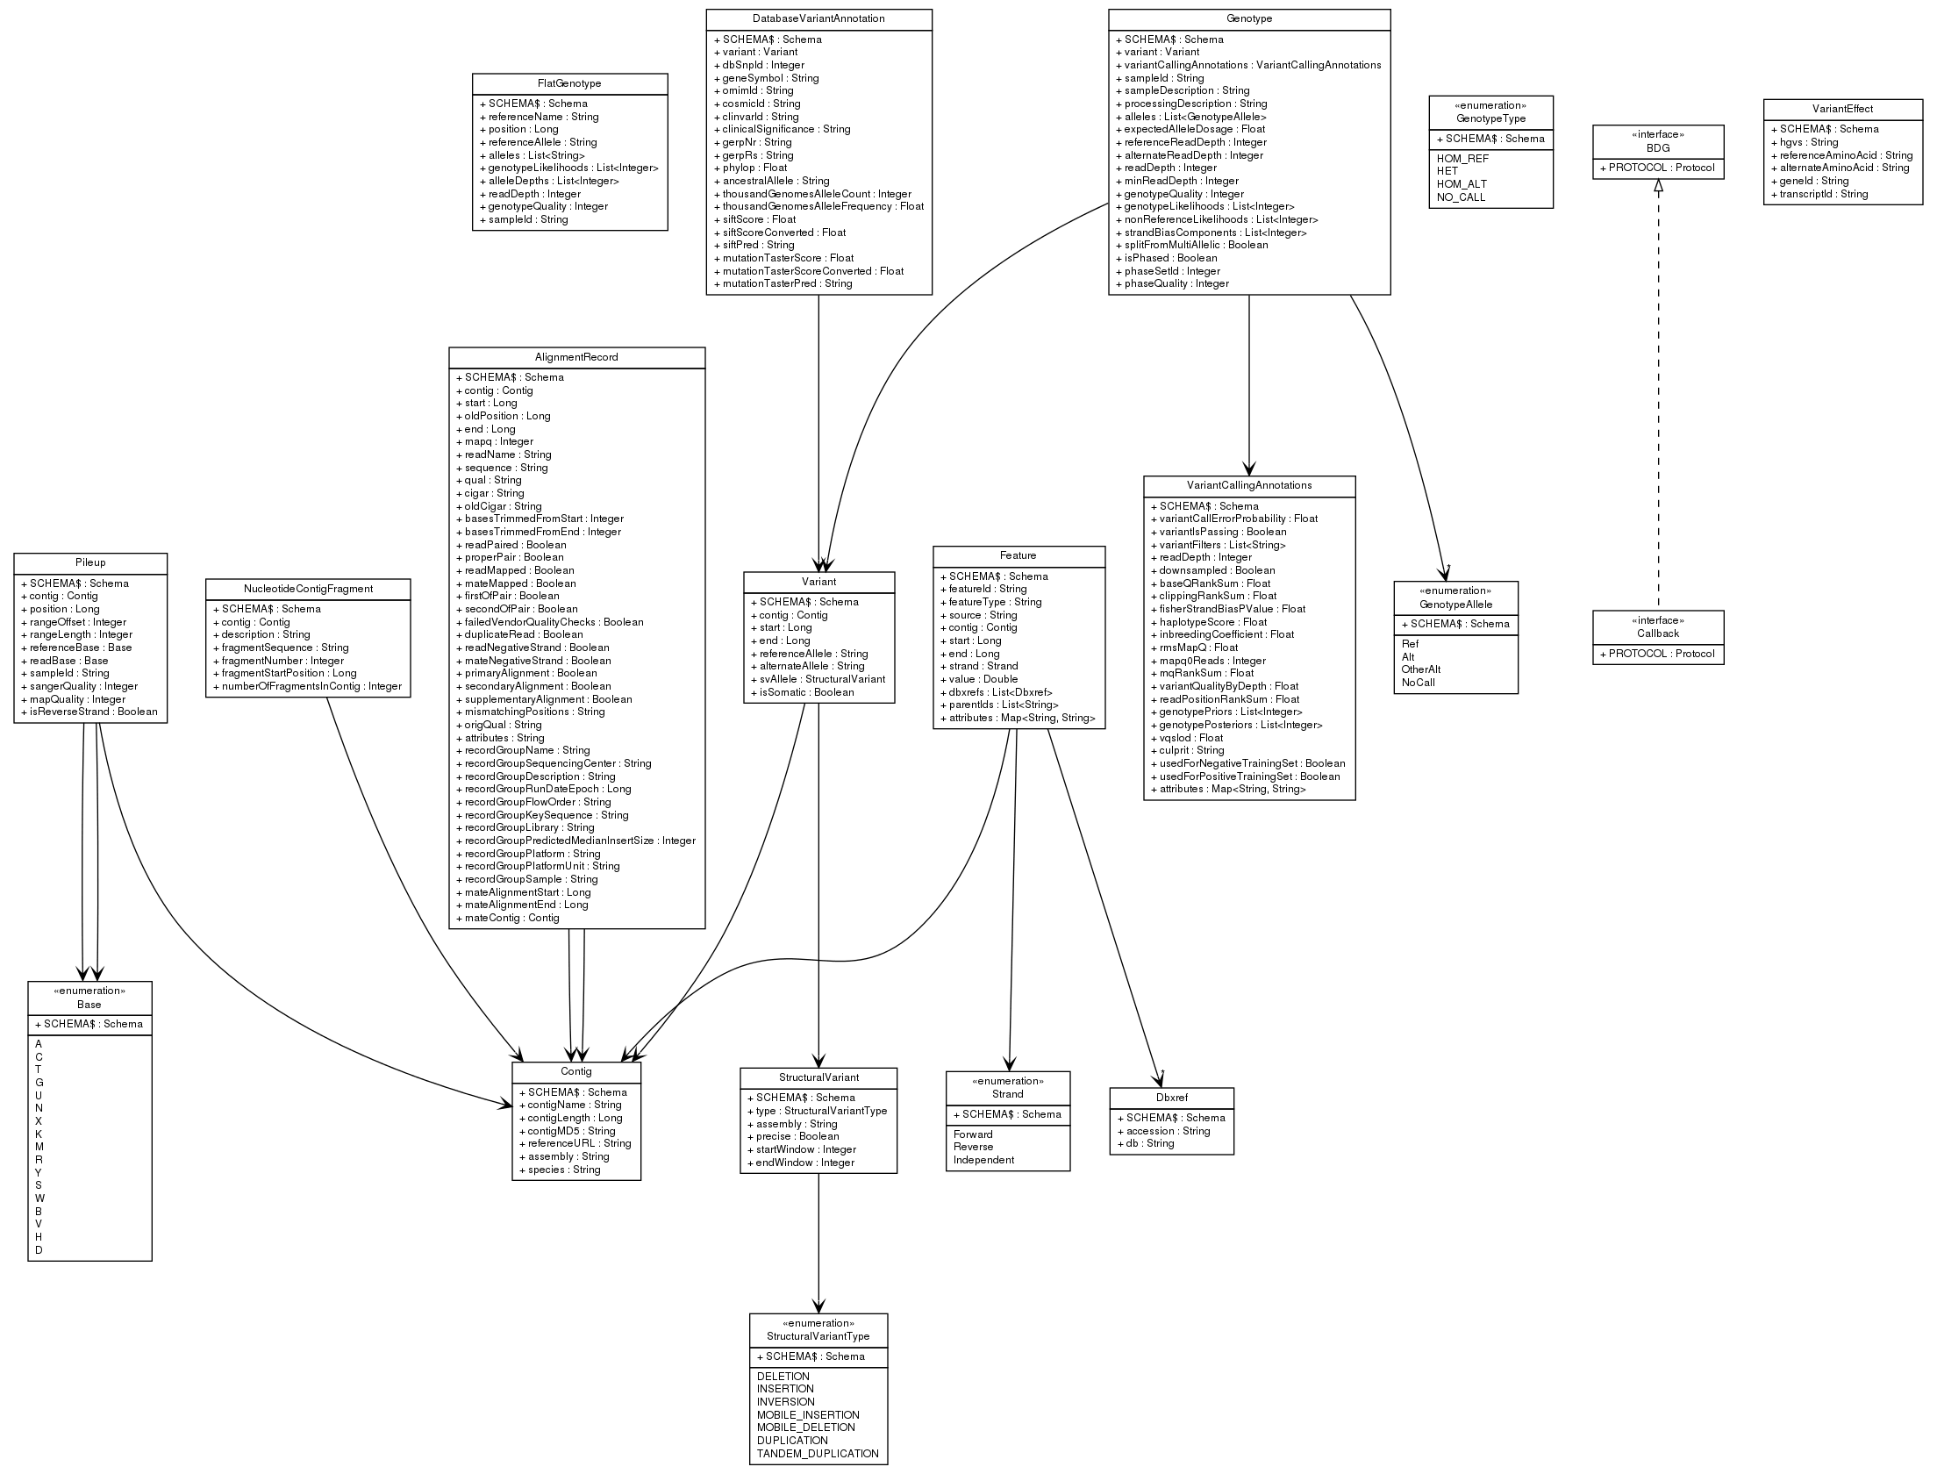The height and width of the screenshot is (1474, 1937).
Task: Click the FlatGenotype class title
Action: pyautogui.click(x=569, y=83)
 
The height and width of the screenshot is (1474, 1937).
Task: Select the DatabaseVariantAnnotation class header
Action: pyautogui.click(x=818, y=18)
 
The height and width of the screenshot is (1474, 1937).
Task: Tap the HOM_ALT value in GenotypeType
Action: pyautogui.click(x=1462, y=184)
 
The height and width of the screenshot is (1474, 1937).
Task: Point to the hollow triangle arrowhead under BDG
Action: pyautogui.click(x=1658, y=186)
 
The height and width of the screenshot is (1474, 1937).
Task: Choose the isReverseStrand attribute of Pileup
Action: pyautogui.click(x=89, y=712)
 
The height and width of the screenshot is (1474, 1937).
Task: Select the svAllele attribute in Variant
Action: pyautogui.click(x=818, y=679)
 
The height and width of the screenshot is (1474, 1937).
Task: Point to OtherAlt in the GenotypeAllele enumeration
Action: pyautogui.click(x=1421, y=669)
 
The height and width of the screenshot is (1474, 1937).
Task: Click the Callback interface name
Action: pyautogui.click(x=1658, y=633)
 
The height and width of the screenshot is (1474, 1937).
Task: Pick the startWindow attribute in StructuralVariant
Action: pyautogui.click(x=801, y=1149)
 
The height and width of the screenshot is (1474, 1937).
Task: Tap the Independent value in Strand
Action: pyautogui.click(x=983, y=1160)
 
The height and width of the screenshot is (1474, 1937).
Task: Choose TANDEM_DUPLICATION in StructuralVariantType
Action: pyautogui.click(x=818, y=1454)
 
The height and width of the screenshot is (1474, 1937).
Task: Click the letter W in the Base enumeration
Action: pyautogui.click(x=40, y=1199)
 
